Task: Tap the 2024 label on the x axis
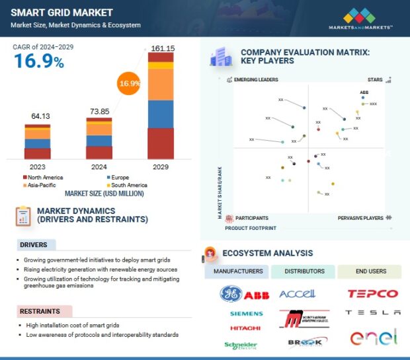pos(99,166)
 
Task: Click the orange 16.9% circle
pos(130,84)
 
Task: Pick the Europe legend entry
pos(120,178)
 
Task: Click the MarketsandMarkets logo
pos(360,18)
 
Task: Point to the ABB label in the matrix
pos(364,92)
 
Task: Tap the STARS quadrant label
pos(375,79)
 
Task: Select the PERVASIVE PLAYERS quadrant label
pos(360,217)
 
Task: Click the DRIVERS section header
pos(33,245)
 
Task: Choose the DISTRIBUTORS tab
pos(304,271)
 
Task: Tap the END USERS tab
pos(370,271)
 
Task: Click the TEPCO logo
pos(373,293)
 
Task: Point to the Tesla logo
pos(373,312)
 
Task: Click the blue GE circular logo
pos(231,293)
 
